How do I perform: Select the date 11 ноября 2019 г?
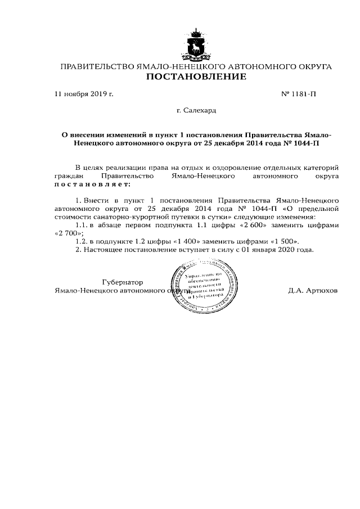(83, 94)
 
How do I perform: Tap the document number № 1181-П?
(298, 94)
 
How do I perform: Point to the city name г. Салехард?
(196, 111)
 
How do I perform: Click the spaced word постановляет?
(92, 184)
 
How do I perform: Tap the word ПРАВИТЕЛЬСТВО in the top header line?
(97, 67)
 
